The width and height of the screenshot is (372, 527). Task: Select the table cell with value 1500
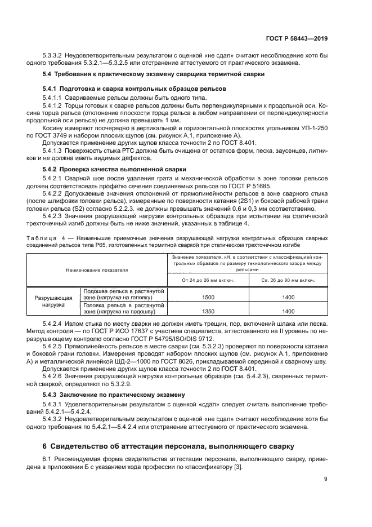tap(208, 297)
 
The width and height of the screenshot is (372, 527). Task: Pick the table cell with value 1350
tap(208, 311)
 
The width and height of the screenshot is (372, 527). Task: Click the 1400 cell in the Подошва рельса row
tap(289, 297)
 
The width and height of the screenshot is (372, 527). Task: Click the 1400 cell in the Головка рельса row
tap(289, 311)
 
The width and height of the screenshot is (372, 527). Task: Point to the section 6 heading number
tap(45, 446)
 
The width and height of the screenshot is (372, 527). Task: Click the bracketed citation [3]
tap(237, 468)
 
